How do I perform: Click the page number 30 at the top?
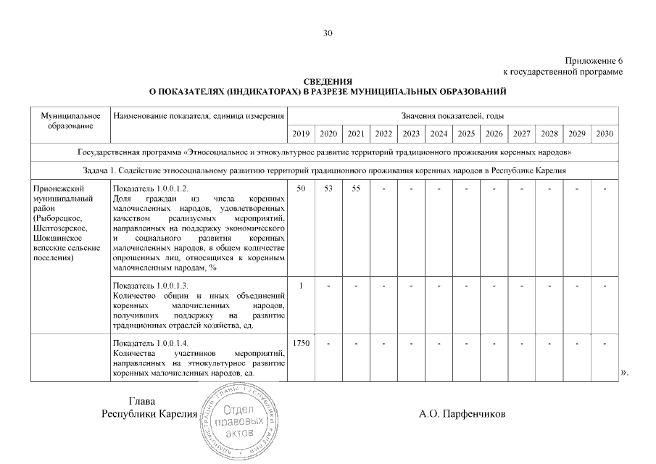pos(328,33)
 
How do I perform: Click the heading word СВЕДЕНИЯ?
pos(328,82)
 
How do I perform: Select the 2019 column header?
pos(300,134)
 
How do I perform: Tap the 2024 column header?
pos(439,134)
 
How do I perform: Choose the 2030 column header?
pos(604,134)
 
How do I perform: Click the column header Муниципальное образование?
pos(70,121)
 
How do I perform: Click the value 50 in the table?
pos(300,188)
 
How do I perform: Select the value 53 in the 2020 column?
pos(328,188)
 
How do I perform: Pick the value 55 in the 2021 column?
pos(355,188)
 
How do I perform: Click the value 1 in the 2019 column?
pos(300,285)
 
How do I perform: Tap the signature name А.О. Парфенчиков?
pos(462,415)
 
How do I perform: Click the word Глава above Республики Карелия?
pos(141,402)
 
